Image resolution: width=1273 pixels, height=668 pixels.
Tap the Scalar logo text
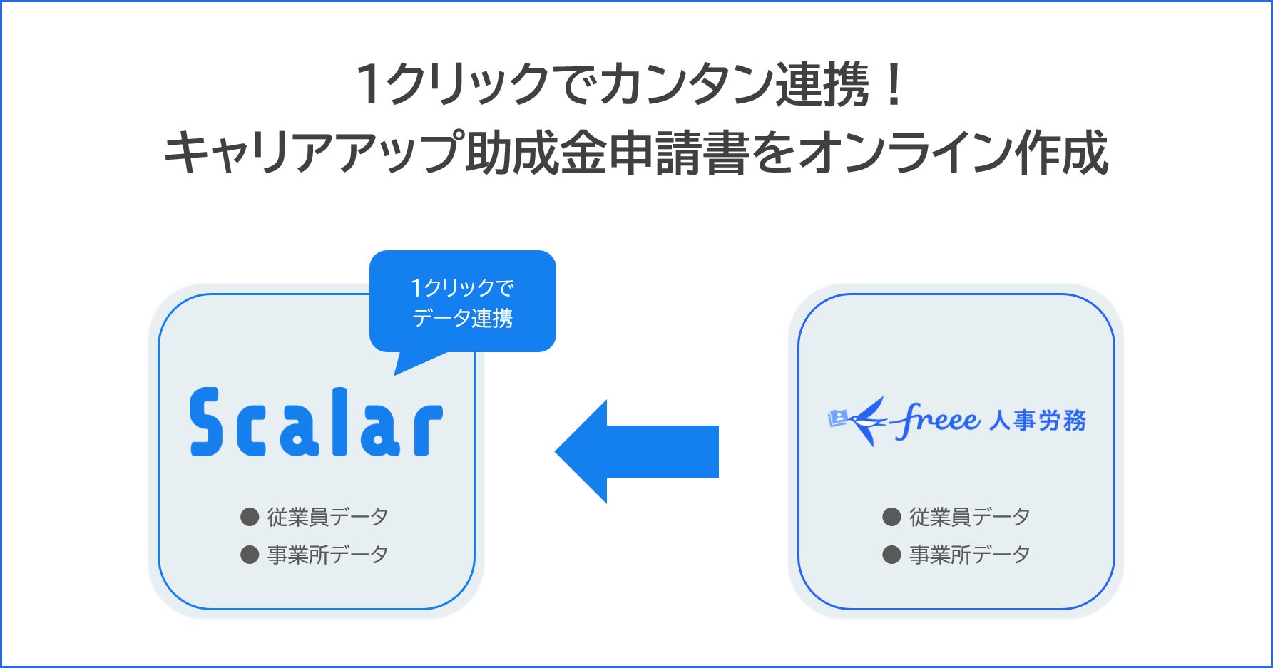(x=316, y=422)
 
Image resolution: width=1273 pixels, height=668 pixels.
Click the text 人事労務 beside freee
(x=1038, y=421)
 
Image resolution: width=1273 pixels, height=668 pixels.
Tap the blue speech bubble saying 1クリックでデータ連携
(x=462, y=302)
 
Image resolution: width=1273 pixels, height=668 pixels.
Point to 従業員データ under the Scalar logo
(x=327, y=517)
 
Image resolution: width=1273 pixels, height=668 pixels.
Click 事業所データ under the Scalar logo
(x=327, y=555)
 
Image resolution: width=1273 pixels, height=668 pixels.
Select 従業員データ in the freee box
(x=969, y=517)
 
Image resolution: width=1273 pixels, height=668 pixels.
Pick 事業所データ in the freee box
(x=969, y=555)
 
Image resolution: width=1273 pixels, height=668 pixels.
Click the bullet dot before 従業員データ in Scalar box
(x=250, y=517)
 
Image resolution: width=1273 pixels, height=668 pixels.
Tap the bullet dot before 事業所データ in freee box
(x=891, y=555)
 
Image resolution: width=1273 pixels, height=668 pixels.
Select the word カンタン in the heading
(x=685, y=85)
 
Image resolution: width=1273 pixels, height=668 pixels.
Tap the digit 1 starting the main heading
(x=369, y=85)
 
